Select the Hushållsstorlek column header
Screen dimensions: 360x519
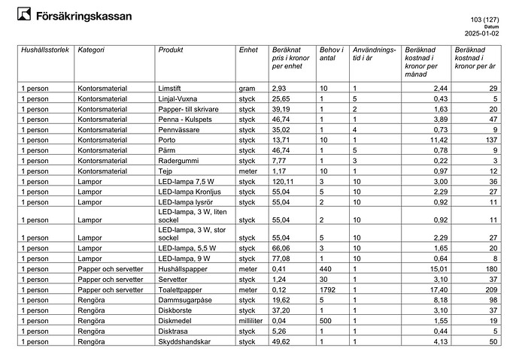pyautogui.click(x=46, y=50)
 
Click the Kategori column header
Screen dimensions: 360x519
pyautogui.click(x=91, y=50)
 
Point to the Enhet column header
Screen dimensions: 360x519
pyautogui.click(x=248, y=50)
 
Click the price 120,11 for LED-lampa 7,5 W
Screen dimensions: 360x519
pyautogui.click(x=283, y=181)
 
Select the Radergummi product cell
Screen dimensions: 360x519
pyautogui.click(x=178, y=160)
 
